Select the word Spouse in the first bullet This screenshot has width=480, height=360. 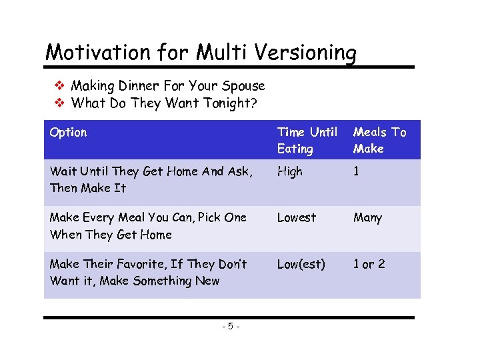coord(244,86)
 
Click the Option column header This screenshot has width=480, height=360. coord(68,132)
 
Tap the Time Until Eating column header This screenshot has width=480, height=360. coord(307,141)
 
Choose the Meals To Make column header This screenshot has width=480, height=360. coord(379,141)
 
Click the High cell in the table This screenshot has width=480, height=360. coord(289,171)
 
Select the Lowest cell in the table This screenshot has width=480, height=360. coord(297,217)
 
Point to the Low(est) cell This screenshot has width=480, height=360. coord(301,264)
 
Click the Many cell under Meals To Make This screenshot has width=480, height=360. coord(368,218)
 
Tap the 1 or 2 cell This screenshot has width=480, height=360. coord(369,264)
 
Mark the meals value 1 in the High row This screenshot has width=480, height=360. coord(356,171)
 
